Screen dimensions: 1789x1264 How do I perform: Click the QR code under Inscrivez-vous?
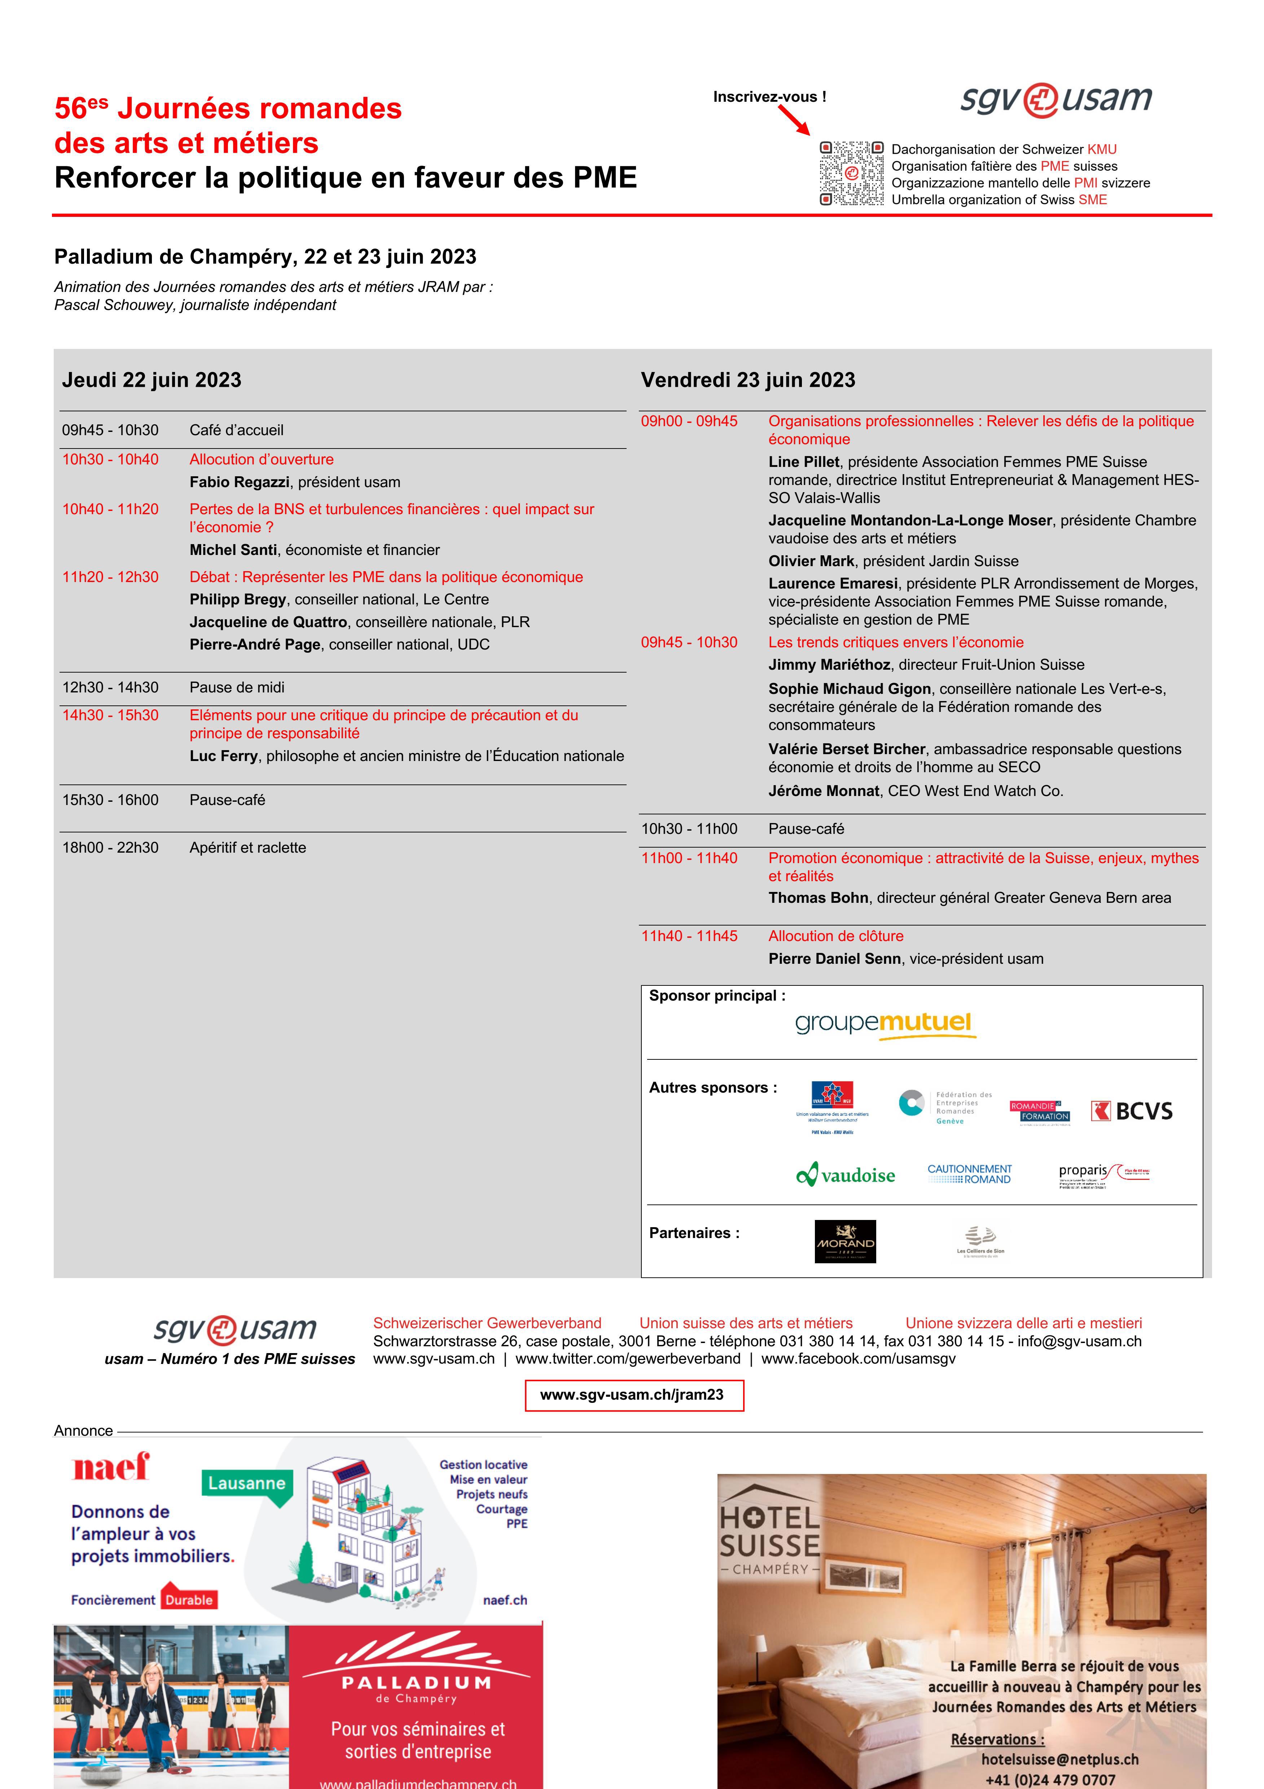[x=851, y=173]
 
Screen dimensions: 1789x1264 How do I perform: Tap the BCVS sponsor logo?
[x=1132, y=1111]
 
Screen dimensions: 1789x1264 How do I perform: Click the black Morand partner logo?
[x=845, y=1241]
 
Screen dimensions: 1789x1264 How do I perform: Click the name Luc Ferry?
[x=223, y=756]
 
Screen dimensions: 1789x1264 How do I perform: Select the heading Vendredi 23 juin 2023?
[x=748, y=380]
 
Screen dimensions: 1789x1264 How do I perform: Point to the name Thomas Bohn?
[x=818, y=898]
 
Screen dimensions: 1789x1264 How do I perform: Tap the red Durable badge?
[x=188, y=1600]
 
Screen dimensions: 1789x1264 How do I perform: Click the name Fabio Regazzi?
[x=239, y=482]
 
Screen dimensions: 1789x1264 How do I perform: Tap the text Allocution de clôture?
[x=836, y=936]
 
